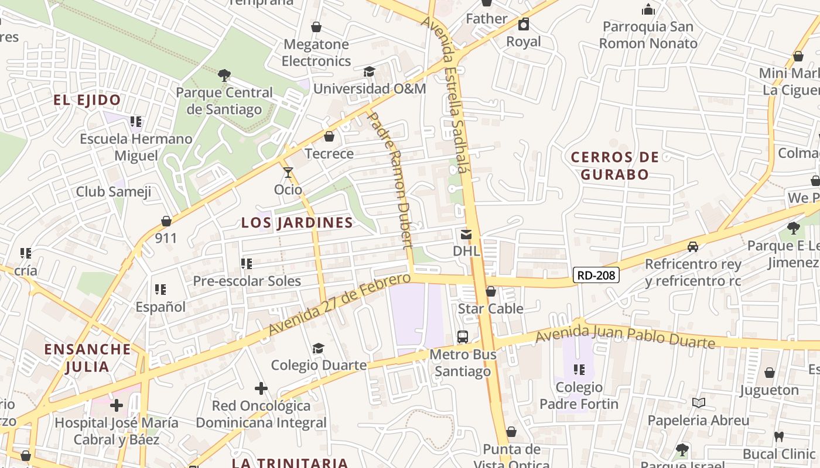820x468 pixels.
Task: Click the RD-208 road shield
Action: coord(596,274)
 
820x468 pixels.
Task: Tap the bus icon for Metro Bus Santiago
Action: coord(463,337)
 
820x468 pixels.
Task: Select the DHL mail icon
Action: coord(466,235)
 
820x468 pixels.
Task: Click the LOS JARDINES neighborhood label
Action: coord(298,223)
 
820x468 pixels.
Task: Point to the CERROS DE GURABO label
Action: coord(614,166)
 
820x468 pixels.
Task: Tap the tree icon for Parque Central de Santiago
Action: coord(224,75)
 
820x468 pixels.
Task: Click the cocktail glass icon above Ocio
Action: coord(288,173)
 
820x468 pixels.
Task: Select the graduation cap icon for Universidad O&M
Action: coord(369,72)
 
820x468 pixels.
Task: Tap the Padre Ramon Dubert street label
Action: coord(390,181)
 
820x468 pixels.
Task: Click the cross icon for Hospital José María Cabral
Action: coord(117,405)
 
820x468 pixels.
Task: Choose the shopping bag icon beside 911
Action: coord(166,221)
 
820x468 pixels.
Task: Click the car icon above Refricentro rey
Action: coord(693,247)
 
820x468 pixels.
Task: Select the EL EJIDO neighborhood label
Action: coord(87,100)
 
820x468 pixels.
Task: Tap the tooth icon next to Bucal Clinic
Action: coord(779,436)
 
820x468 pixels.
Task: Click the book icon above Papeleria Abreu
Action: coord(698,402)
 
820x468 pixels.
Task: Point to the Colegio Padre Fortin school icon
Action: coord(579,370)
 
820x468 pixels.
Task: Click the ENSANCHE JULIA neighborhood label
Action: coord(87,358)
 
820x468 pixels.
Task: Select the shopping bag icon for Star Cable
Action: coord(491,291)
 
